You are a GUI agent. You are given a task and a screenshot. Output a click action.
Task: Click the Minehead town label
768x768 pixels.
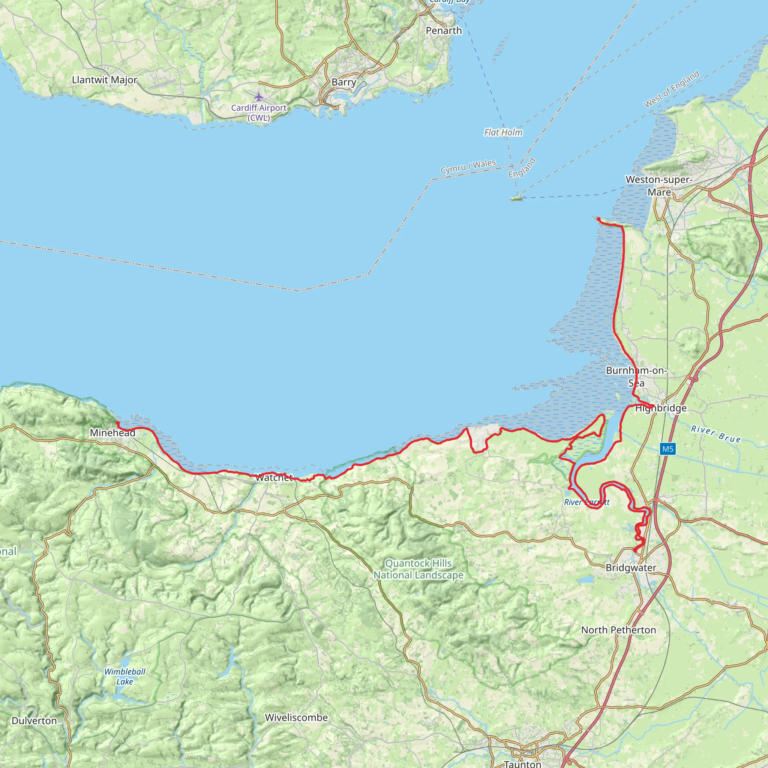click(x=112, y=432)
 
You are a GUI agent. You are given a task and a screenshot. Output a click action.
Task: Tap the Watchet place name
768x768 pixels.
click(x=274, y=477)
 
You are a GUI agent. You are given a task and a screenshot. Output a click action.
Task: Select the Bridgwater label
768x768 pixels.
click(x=631, y=567)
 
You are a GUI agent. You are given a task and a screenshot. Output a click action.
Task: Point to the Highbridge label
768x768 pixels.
click(x=661, y=408)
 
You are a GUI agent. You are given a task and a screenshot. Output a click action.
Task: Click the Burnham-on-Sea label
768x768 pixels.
click(x=636, y=376)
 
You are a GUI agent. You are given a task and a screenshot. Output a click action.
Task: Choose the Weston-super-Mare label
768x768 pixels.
click(x=659, y=186)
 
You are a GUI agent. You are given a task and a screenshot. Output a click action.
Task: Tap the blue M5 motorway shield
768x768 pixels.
click(x=667, y=449)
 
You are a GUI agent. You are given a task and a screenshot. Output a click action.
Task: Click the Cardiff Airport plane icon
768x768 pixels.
click(x=259, y=97)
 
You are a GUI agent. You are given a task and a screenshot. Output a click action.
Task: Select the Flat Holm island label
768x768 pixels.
click(x=503, y=132)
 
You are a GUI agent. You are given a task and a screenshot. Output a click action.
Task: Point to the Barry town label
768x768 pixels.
click(x=344, y=82)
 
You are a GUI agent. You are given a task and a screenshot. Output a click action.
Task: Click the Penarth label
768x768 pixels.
click(x=444, y=31)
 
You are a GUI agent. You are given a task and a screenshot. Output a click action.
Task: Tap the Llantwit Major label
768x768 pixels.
click(x=105, y=80)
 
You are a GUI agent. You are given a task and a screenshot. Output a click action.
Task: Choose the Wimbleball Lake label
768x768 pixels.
click(x=125, y=676)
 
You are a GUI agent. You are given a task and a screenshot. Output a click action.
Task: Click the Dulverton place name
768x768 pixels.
click(x=34, y=721)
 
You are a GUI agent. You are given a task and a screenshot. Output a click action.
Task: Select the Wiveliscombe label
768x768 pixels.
click(x=296, y=717)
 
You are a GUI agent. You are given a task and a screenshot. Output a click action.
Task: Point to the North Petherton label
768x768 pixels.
click(x=618, y=630)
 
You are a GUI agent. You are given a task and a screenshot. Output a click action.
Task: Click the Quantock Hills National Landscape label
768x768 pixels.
click(x=418, y=569)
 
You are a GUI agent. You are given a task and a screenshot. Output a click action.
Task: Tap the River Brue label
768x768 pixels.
click(x=715, y=434)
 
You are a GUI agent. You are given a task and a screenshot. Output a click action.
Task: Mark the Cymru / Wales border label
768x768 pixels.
click(x=468, y=166)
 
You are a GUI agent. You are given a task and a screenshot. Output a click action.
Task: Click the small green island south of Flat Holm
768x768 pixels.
click(x=516, y=198)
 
